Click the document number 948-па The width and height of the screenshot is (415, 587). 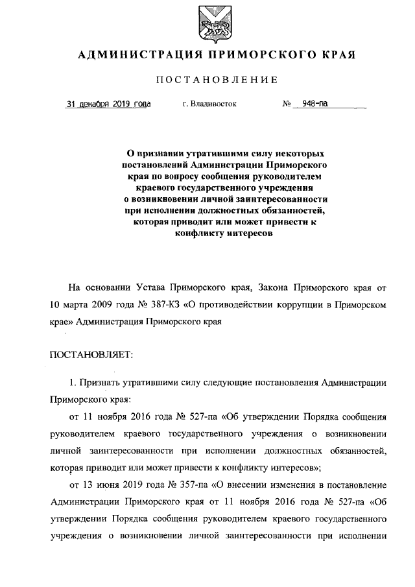(311, 103)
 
